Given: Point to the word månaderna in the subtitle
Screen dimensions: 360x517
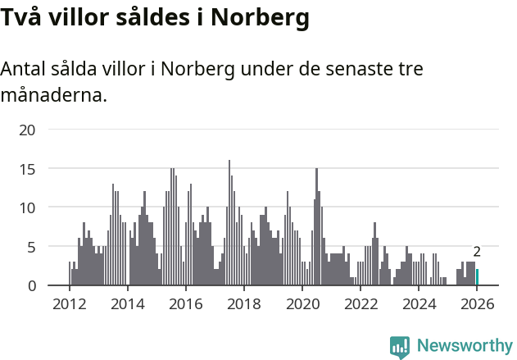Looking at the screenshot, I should tap(53, 95).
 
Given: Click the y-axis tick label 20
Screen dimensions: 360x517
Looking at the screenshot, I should tap(28, 130).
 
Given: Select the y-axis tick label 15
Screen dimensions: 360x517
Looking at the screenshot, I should tap(28, 169).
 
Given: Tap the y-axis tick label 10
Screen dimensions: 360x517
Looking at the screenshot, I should tap(28, 207).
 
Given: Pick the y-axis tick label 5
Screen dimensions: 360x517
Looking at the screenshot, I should tap(32, 247).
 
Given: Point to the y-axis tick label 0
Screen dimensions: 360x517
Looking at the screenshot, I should tap(32, 285).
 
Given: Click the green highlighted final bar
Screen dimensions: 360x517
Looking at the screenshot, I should tap(477, 278).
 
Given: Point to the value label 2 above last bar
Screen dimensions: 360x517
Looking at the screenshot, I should tap(477, 253).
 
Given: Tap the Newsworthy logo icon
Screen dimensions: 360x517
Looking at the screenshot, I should tap(400, 347).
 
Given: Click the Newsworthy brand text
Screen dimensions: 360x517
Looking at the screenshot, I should tap(465, 346).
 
